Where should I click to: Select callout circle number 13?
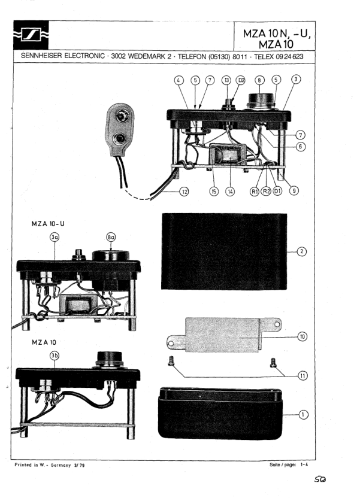click(226, 80)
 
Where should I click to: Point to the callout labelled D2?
click(241, 80)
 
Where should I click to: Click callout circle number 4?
click(179, 80)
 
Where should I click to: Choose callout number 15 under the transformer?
click(213, 192)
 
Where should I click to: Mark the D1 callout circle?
click(277, 192)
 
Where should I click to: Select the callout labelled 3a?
click(55, 237)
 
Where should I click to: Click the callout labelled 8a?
click(111, 237)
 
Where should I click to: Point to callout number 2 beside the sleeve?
click(302, 251)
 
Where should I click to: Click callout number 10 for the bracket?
click(302, 337)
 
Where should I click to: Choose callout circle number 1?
click(302, 414)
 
